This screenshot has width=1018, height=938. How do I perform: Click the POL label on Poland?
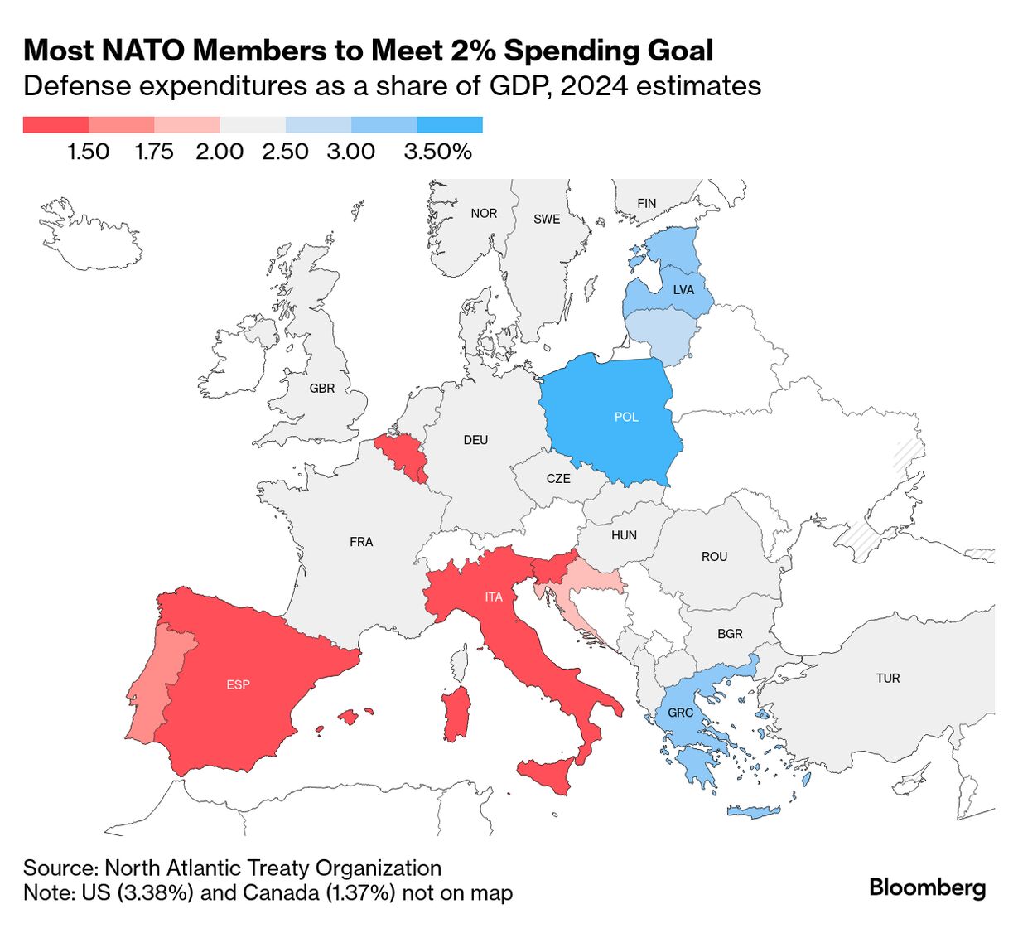(x=626, y=417)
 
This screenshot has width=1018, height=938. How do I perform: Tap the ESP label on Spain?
(x=238, y=684)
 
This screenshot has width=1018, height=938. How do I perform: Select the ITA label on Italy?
(x=494, y=597)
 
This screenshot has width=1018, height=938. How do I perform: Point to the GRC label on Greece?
(x=680, y=713)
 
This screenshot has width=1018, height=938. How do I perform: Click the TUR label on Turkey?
(x=888, y=678)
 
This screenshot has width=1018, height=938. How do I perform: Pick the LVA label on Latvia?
(x=683, y=290)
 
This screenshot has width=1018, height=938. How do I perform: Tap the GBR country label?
(x=322, y=388)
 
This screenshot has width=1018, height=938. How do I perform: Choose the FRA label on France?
(x=361, y=542)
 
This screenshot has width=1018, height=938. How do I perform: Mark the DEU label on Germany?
(x=475, y=440)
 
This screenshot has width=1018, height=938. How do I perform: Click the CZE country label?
(x=558, y=479)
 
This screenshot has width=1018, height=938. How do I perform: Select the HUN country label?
(x=624, y=535)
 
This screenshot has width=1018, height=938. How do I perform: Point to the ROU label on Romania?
(x=714, y=557)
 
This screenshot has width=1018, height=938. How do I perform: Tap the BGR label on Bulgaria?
(x=730, y=634)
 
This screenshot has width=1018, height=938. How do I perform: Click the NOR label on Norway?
(x=484, y=214)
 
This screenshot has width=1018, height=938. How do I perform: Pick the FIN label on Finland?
(x=647, y=203)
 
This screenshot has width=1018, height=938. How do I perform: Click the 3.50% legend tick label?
(x=438, y=152)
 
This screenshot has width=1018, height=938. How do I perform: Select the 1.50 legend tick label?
(x=89, y=152)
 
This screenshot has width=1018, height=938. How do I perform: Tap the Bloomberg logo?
(x=927, y=887)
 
